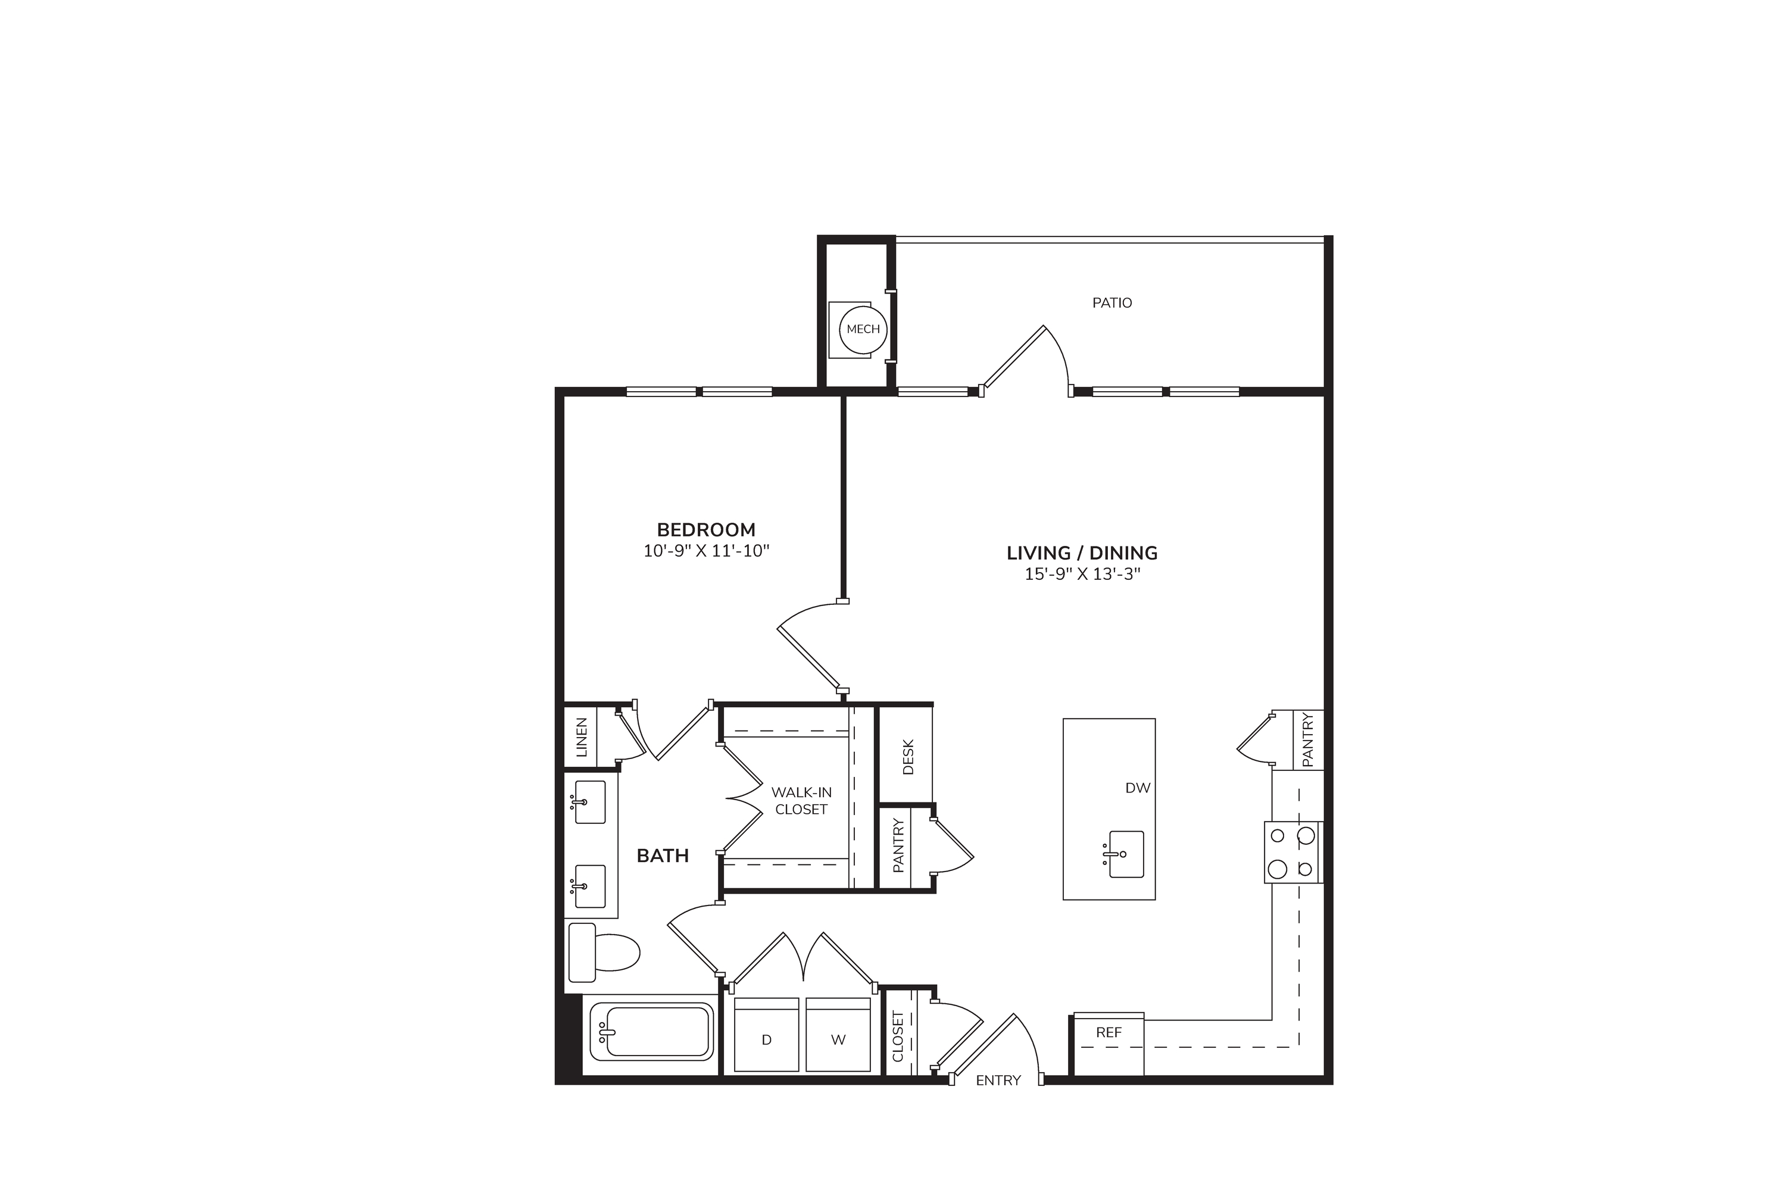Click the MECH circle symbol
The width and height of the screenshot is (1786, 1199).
pyautogui.click(x=863, y=329)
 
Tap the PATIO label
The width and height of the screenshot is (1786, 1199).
pyautogui.click(x=1111, y=303)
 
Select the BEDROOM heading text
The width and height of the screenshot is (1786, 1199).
pyautogui.click(x=705, y=529)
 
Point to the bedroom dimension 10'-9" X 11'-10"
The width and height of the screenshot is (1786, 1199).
pyautogui.click(x=705, y=551)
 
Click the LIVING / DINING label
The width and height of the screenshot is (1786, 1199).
pyautogui.click(x=1082, y=553)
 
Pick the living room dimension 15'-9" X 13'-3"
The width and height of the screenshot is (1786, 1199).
pyautogui.click(x=1082, y=574)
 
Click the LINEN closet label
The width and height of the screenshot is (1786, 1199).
pyautogui.click(x=582, y=736)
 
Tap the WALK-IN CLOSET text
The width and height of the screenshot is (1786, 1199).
pyautogui.click(x=801, y=801)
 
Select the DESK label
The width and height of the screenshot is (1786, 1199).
pyautogui.click(x=908, y=756)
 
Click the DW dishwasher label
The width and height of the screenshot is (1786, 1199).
pyautogui.click(x=1138, y=788)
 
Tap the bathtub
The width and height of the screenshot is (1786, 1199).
pyautogui.click(x=652, y=1032)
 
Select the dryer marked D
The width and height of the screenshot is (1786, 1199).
pyautogui.click(x=766, y=1034)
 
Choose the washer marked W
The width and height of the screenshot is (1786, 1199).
pyautogui.click(x=838, y=1034)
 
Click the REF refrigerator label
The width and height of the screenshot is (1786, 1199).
pyautogui.click(x=1109, y=1032)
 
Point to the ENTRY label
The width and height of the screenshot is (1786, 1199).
pyautogui.click(x=998, y=1081)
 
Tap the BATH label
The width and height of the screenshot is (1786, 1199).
pyautogui.click(x=663, y=855)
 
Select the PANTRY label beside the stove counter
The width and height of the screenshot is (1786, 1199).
pyautogui.click(x=1307, y=739)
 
